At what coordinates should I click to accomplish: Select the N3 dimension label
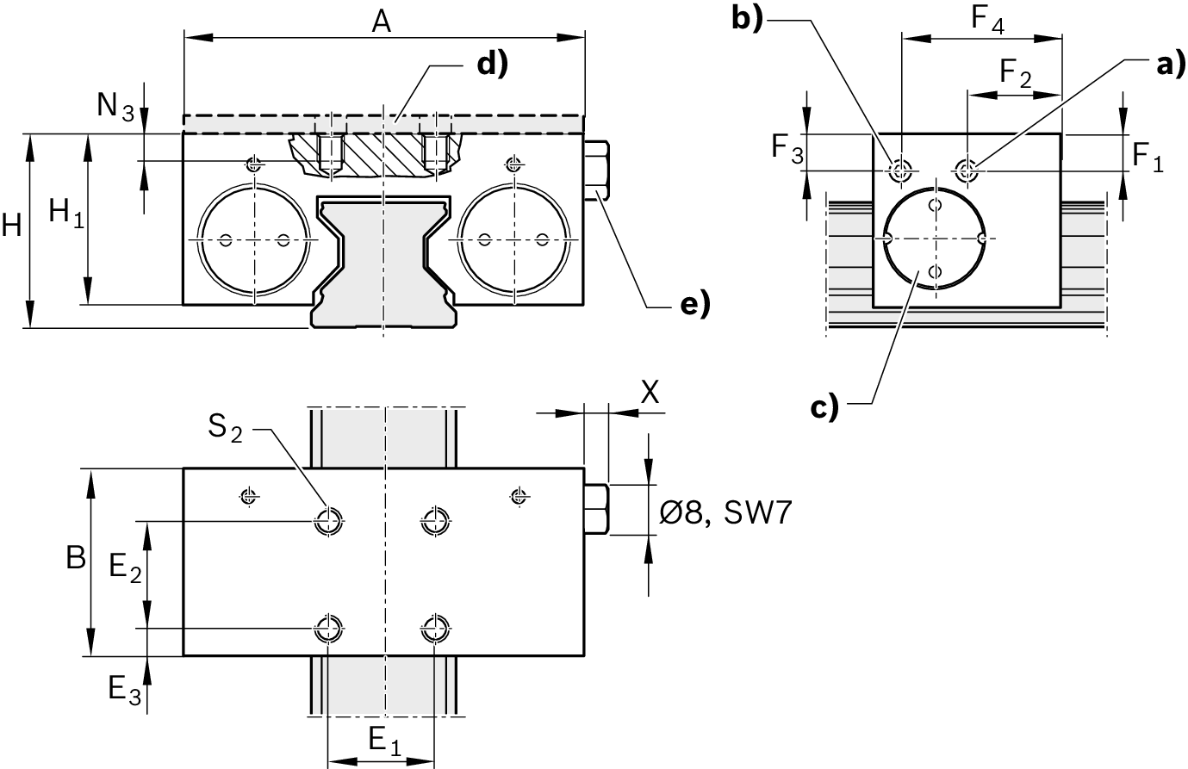click(115, 107)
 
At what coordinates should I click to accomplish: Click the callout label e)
click(693, 304)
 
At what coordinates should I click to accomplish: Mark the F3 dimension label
click(787, 151)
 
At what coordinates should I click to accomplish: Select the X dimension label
click(650, 392)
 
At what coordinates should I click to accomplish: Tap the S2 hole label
click(225, 426)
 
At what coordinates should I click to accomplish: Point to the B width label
click(76, 559)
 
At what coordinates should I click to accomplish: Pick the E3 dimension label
click(124, 688)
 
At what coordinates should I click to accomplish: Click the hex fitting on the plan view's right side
click(597, 509)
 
